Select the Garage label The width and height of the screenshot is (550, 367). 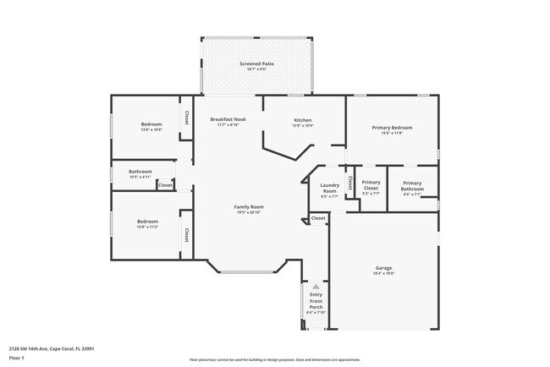click(383, 270)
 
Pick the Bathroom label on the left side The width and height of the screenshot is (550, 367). click(140, 173)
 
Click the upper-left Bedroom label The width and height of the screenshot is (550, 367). click(151, 127)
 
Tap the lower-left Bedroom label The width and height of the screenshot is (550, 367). click(147, 223)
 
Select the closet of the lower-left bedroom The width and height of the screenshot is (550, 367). click(185, 233)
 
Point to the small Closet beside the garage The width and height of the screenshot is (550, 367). click(317, 218)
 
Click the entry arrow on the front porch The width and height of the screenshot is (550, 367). click(316, 287)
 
